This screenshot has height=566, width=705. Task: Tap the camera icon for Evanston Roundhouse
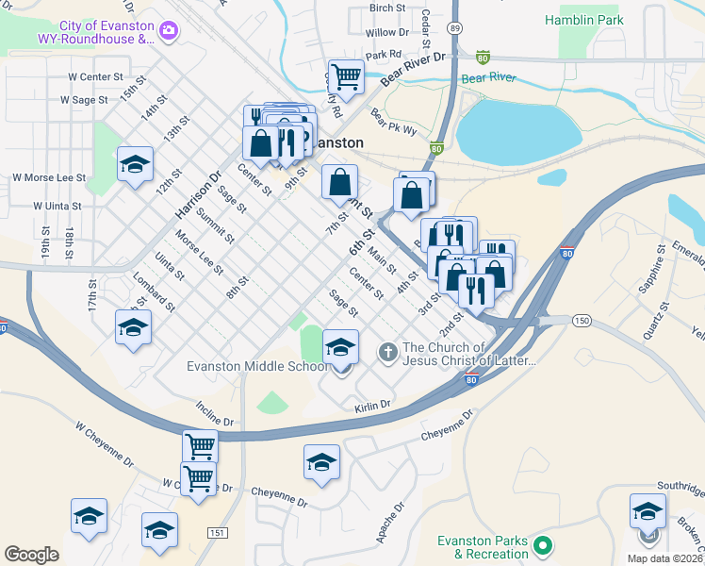point(169,31)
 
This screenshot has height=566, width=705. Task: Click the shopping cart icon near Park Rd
point(346,75)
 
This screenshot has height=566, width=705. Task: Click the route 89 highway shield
point(454,29)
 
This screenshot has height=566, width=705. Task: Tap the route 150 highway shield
point(582,322)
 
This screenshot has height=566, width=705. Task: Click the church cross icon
point(386,353)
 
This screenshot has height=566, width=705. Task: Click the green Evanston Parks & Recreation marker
point(542,545)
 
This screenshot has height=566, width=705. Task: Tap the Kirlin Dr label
point(372,406)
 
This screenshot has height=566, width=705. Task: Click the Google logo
point(31,555)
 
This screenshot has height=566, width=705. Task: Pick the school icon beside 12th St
point(135,164)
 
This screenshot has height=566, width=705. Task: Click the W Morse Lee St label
point(48,177)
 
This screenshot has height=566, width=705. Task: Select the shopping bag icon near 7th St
point(339,182)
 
